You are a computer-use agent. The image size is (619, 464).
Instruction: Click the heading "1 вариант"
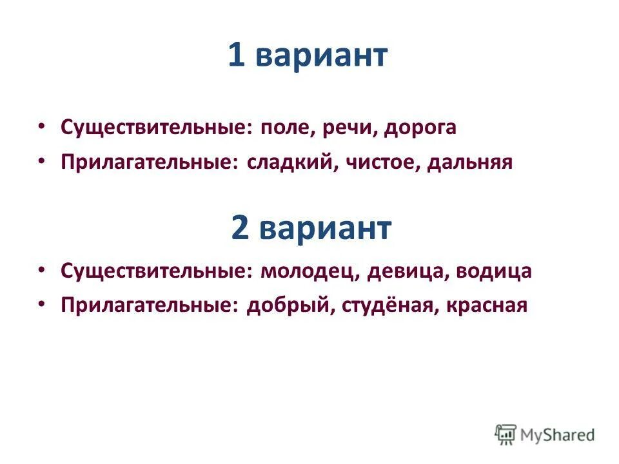pos(308,56)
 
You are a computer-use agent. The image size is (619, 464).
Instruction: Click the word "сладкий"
pos(288,162)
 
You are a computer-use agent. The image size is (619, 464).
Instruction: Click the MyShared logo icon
pos(506,434)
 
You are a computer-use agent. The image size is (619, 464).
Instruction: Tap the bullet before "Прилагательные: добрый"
pos(42,304)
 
